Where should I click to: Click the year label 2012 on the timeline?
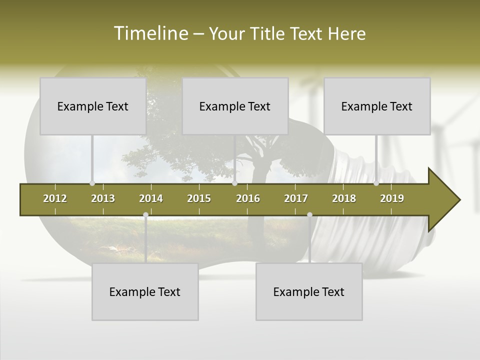point(55,198)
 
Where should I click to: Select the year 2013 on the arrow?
point(103,198)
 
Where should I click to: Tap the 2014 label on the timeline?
point(151,198)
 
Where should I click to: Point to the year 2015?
point(199,198)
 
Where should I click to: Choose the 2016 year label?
point(248,198)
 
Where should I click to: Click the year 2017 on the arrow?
point(296,198)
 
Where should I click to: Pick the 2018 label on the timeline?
point(344,198)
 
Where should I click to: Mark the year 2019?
point(392,198)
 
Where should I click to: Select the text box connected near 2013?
point(93,106)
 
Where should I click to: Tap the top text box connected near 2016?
point(235,106)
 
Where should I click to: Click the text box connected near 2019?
point(377,106)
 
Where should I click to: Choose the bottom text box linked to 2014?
point(145,291)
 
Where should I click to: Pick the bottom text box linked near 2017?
point(309,291)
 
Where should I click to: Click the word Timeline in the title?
point(150,33)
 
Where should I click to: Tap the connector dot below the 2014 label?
point(145,215)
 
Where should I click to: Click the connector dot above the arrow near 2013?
point(92,183)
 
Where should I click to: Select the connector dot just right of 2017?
point(309,215)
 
